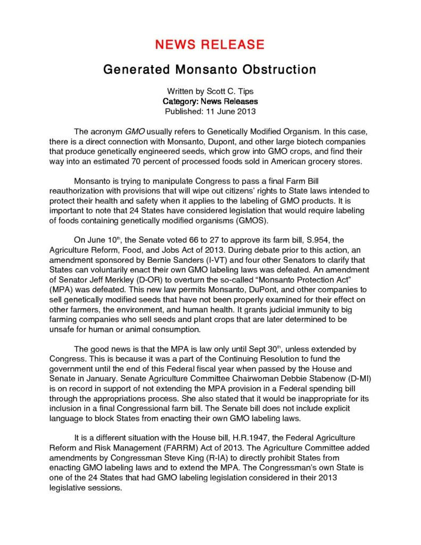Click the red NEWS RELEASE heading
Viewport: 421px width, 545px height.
pos(210,44)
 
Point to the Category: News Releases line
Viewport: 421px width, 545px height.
pos(210,101)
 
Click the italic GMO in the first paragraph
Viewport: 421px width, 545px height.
pos(134,131)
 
